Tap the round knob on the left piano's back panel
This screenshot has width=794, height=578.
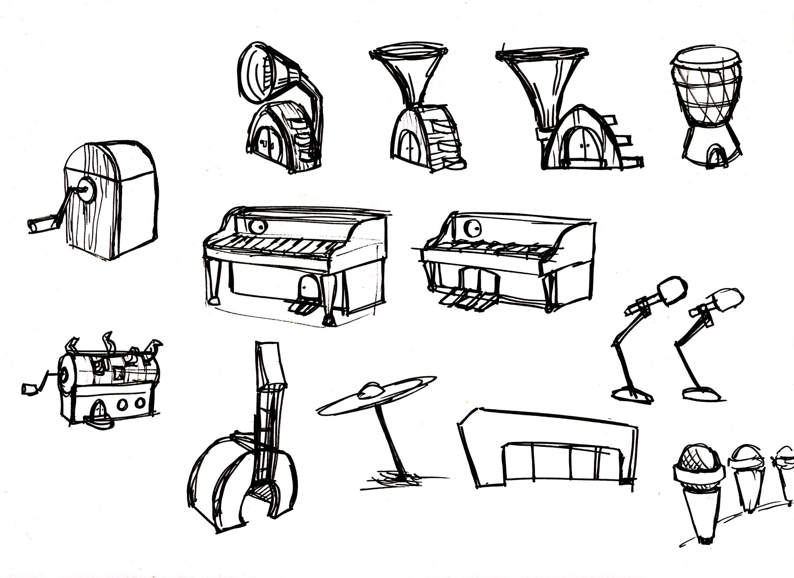click(259, 227)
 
